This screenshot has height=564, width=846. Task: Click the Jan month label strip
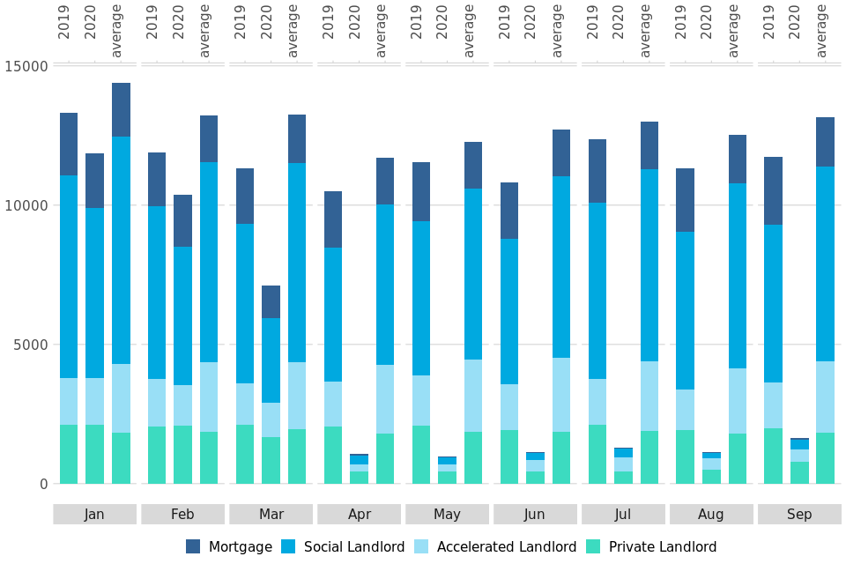pyautogui.click(x=94, y=515)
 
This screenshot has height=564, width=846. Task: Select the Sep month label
pyautogui.click(x=799, y=515)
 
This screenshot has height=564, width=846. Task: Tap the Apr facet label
pyautogui.click(x=359, y=515)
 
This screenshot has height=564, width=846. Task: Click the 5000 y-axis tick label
pyautogui.click(x=29, y=345)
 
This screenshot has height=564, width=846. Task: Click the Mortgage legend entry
pyautogui.click(x=229, y=547)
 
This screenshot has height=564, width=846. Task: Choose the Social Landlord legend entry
pyautogui.click(x=343, y=547)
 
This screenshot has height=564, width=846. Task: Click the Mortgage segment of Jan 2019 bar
pyautogui.click(x=69, y=145)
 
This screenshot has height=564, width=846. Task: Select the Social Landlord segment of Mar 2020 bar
pyautogui.click(x=271, y=360)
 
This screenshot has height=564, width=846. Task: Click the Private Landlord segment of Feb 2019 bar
pyautogui.click(x=157, y=455)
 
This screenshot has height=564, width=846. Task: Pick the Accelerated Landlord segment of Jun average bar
pyautogui.click(x=561, y=395)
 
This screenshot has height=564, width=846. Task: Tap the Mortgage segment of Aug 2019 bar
pyautogui.click(x=685, y=200)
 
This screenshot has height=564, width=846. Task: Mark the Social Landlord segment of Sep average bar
pyautogui.click(x=825, y=264)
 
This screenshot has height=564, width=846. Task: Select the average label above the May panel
pyautogui.click(x=470, y=31)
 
